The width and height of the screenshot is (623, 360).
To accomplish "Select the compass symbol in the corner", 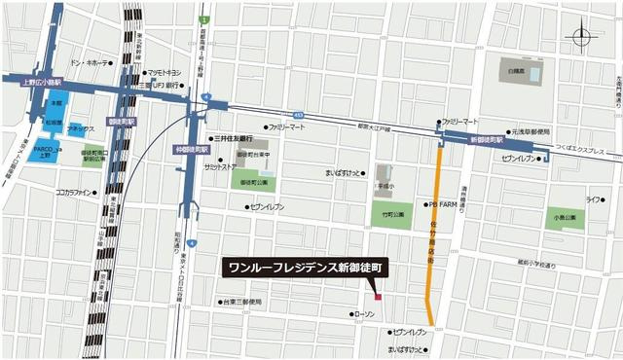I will tap(582, 39).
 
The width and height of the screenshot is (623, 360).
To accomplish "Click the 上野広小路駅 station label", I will tap(41, 84).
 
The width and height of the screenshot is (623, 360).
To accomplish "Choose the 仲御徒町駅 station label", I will tap(192, 151).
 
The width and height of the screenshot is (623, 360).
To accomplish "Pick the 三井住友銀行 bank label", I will tap(234, 138).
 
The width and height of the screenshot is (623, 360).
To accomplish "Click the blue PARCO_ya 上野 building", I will tap(45, 151).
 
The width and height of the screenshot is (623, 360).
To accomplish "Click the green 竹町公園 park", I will tap(391, 214).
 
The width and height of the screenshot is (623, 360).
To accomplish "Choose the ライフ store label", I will tap(593, 199).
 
